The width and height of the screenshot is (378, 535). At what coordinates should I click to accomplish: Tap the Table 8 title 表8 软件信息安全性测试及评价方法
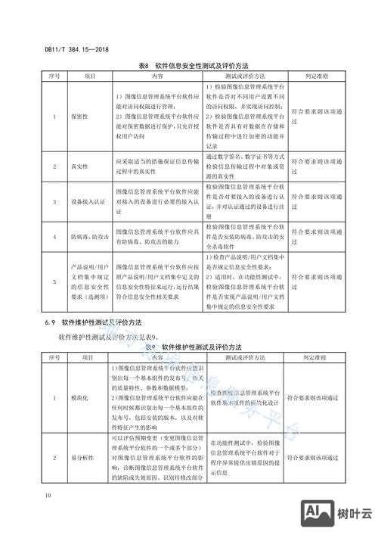[188, 67]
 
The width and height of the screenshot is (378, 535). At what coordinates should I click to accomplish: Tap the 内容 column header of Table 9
[158, 356]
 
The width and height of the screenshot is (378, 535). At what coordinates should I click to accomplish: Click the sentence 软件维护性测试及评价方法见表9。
[107, 336]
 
